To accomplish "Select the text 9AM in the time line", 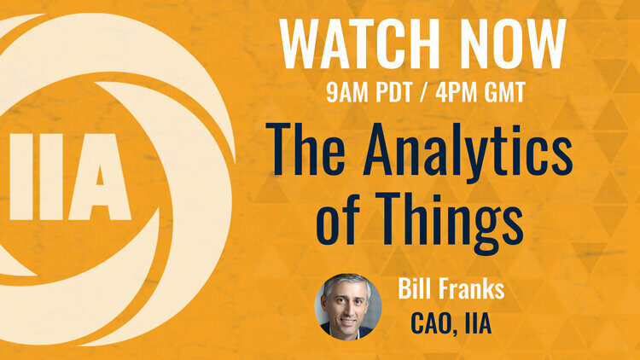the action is coord(347,92).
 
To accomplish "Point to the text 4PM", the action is coord(456,92).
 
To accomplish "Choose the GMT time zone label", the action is coord(504,92).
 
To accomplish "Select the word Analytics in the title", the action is coord(468,155).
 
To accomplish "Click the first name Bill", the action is coord(411,289).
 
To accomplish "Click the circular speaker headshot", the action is coord(348,306).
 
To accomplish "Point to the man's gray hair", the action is coord(347,282).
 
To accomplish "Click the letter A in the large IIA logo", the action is coord(100,177).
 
